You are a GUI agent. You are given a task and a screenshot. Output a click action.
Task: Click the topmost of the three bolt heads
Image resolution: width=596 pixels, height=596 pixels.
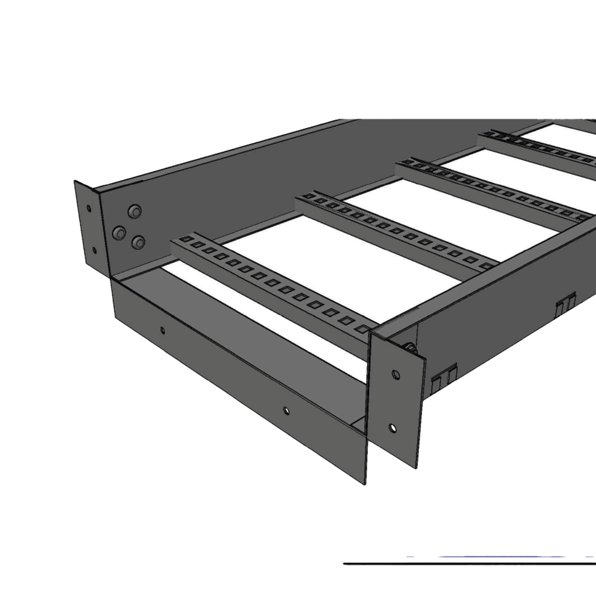(135, 212)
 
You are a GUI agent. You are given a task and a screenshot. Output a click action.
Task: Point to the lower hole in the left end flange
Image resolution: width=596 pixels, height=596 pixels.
(94, 249)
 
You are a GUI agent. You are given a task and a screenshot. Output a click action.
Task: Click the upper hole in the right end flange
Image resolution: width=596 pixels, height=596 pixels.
(395, 374)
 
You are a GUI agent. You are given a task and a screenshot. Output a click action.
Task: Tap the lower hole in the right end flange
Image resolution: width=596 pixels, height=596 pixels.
(392, 427)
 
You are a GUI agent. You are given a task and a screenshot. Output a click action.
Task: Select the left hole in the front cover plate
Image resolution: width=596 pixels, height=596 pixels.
(163, 328)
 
